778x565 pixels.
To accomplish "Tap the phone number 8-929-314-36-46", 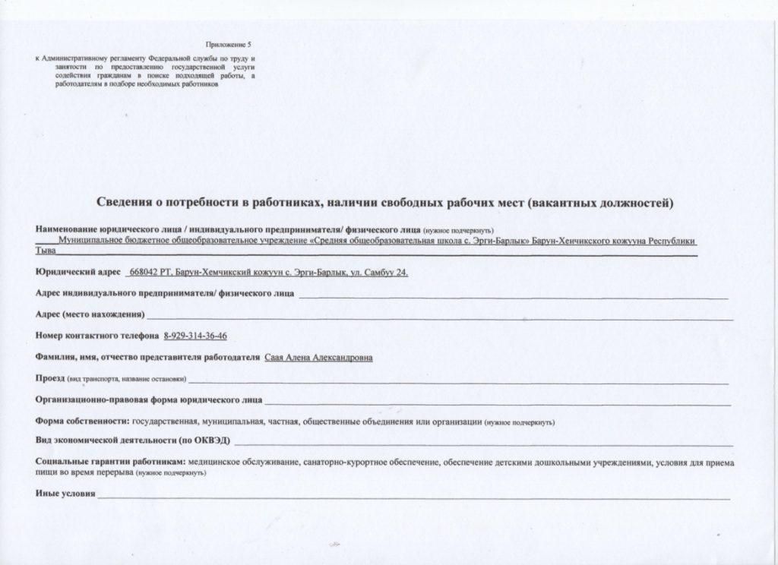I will (196, 336).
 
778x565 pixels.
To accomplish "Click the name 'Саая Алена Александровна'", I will (318, 357).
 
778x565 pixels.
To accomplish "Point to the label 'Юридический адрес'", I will (78, 272).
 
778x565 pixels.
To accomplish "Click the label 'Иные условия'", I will (65, 494).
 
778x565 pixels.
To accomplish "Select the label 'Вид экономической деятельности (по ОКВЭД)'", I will (133, 440).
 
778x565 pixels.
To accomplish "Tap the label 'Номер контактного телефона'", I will (96, 336).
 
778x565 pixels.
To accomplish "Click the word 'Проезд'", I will (51, 378).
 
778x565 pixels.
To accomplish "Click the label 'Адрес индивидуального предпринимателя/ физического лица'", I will (165, 293).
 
